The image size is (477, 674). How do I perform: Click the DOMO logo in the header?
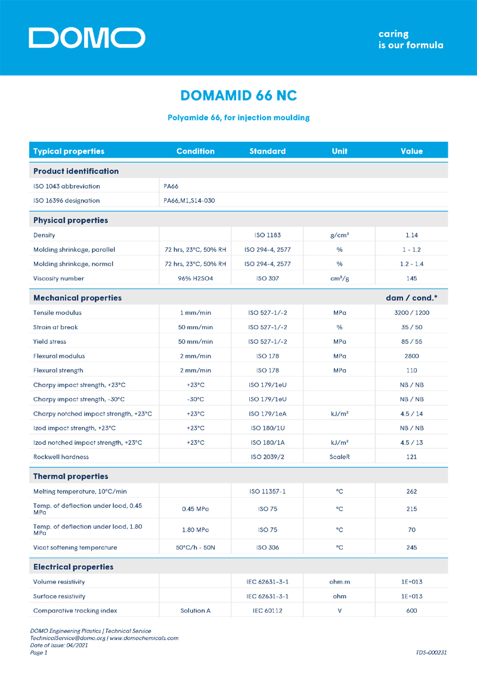pyautogui.click(x=86, y=38)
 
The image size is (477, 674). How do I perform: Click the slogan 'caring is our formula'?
pyautogui.click(x=410, y=39)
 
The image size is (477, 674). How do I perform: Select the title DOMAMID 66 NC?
pyautogui.click(x=238, y=96)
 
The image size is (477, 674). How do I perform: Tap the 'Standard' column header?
pyautogui.click(x=267, y=151)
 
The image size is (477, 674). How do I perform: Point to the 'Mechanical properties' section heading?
pyautogui.click(x=78, y=298)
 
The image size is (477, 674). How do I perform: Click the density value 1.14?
pyautogui.click(x=411, y=235)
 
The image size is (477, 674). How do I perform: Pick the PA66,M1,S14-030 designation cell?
pyautogui.click(x=189, y=201)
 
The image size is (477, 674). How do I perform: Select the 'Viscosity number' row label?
pyautogui.click(x=58, y=278)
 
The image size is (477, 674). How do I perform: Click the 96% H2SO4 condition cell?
pyautogui.click(x=196, y=278)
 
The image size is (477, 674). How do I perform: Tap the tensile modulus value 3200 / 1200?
pyautogui.click(x=411, y=313)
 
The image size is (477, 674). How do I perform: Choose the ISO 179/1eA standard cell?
pyautogui.click(x=267, y=414)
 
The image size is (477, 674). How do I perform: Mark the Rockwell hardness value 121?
pyautogui.click(x=411, y=457)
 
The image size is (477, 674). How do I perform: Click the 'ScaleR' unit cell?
pyautogui.click(x=339, y=457)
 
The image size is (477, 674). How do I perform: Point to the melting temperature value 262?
pyautogui.click(x=411, y=491)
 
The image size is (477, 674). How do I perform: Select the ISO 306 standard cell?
pyautogui.click(x=267, y=547)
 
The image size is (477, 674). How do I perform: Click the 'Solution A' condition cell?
pyautogui.click(x=196, y=610)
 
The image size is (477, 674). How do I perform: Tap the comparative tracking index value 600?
pyautogui.click(x=411, y=610)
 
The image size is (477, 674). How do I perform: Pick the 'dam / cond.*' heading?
pyautogui.click(x=411, y=298)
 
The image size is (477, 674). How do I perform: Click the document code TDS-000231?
pyautogui.click(x=431, y=653)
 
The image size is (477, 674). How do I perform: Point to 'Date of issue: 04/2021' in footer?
pyautogui.click(x=59, y=645)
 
